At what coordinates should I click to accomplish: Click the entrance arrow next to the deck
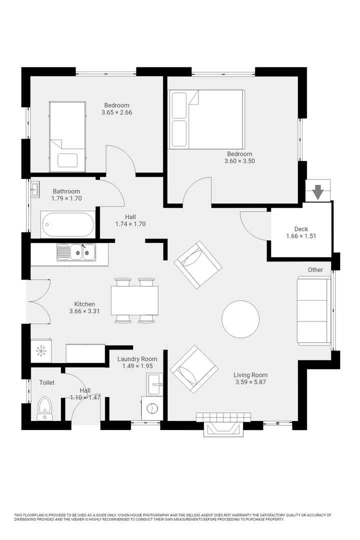(317, 192)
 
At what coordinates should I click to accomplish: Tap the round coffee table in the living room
(240, 319)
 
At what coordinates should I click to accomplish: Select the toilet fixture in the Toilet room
(44, 409)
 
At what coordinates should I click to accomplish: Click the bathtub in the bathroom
(68, 224)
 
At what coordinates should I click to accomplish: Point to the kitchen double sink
(76, 252)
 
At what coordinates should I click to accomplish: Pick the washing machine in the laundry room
(152, 408)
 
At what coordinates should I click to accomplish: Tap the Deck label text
(301, 229)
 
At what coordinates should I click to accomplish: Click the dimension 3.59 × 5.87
(251, 382)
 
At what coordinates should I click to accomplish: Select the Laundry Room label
(137, 359)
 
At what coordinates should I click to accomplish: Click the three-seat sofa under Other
(314, 311)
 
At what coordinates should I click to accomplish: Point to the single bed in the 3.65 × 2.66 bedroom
(67, 136)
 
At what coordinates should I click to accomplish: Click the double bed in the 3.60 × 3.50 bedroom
(206, 119)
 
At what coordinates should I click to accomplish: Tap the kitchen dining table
(134, 300)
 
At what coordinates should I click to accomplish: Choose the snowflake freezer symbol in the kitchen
(41, 350)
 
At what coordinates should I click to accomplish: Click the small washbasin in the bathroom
(34, 189)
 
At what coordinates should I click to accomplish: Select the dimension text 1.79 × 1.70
(66, 198)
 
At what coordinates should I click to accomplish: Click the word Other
(315, 270)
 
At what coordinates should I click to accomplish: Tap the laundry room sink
(154, 384)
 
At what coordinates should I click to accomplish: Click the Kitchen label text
(84, 304)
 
